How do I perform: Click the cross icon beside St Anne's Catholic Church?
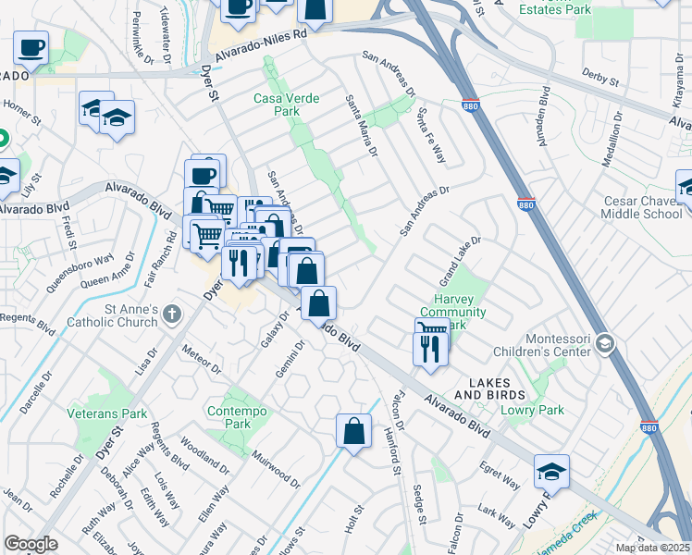(x=171, y=315)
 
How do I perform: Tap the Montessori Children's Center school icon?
(x=604, y=344)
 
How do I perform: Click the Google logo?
(x=31, y=543)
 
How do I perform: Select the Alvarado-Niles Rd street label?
(x=261, y=45)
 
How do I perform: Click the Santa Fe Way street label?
(x=431, y=135)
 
